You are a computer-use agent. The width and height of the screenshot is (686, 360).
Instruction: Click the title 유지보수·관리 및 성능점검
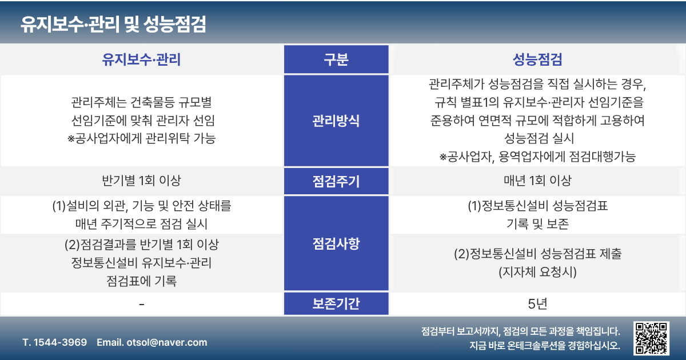click(113, 24)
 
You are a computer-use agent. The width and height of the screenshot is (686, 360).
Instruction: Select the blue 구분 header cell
click(336, 59)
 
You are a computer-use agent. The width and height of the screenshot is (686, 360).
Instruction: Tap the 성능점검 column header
click(537, 59)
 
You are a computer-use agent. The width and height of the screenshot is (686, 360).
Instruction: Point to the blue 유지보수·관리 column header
click(141, 59)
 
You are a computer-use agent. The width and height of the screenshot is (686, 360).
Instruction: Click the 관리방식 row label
click(336, 121)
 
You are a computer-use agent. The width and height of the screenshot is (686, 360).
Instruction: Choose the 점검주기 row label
click(336, 181)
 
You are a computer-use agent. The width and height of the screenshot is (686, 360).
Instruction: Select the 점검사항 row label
click(336, 243)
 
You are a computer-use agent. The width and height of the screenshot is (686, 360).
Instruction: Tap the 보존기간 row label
click(336, 303)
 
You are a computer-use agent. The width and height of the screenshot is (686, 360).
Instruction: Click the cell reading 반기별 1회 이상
click(142, 181)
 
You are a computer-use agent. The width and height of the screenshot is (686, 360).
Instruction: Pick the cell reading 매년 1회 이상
click(537, 181)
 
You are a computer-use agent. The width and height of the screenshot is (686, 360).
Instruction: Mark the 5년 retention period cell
click(537, 303)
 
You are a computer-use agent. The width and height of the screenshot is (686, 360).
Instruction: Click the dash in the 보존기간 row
click(142, 304)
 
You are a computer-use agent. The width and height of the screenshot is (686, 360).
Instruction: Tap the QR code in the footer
click(651, 338)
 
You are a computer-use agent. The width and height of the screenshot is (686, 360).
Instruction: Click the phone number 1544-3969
click(60, 342)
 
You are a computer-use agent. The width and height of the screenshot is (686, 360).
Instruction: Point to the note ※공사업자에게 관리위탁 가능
click(142, 138)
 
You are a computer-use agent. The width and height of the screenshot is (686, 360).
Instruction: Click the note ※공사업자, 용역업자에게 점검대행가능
click(537, 157)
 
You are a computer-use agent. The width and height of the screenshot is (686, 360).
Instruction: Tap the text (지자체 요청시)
click(537, 272)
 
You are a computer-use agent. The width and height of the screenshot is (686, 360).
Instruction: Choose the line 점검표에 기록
click(142, 281)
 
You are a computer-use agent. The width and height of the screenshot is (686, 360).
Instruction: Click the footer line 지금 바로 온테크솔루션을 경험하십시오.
click(545, 345)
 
